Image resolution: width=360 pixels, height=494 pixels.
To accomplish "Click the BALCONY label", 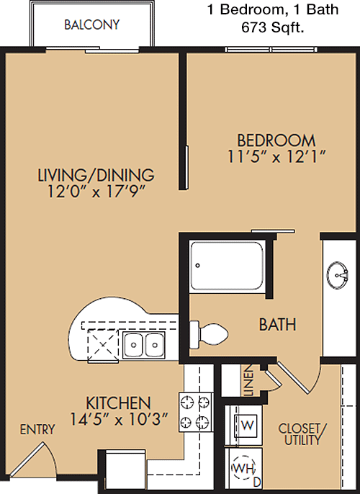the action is coord(92,24).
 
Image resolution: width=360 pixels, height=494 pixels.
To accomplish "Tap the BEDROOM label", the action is coord(276,140).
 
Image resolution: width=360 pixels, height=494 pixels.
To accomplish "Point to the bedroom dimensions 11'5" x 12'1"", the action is coord(276,156).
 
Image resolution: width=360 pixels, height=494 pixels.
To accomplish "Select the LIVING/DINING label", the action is coord(96,175).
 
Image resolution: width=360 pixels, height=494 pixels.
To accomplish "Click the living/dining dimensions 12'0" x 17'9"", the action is coord(96,192).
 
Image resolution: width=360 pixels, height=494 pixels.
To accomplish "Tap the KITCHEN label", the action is coord(118,403).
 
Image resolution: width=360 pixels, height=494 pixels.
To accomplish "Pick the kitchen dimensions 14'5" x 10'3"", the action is coord(118,419).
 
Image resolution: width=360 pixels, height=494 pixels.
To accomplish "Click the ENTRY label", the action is coord(37,429).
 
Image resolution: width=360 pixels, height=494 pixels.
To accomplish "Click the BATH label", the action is coord(277,325).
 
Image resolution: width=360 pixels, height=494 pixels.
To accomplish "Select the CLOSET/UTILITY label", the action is coord(302,434).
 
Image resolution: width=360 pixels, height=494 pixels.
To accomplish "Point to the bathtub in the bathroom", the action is coord(227,266).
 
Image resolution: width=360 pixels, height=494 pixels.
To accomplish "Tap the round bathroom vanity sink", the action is coord(338,275).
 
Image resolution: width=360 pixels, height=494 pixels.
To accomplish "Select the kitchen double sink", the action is coord(143,345).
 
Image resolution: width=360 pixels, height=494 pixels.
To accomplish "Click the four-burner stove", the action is coord(196,412).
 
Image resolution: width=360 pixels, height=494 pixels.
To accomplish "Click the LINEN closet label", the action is coord(249,380).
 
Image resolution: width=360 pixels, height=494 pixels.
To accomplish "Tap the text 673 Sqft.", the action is coord(273,28).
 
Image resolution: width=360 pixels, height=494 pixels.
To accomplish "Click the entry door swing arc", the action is coord(53,455).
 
